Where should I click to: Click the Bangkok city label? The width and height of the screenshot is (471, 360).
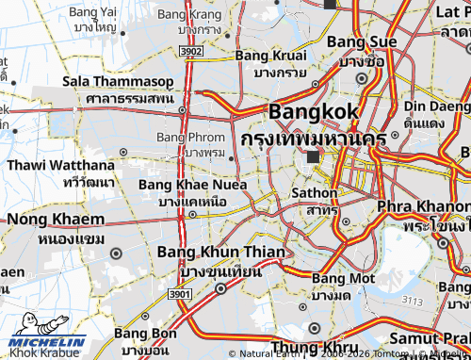point(314,112)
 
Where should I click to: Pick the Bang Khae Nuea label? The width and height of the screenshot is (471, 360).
point(192,185)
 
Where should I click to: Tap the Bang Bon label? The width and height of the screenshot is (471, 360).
point(146,334)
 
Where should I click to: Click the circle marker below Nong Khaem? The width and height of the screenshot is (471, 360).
point(116,254)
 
